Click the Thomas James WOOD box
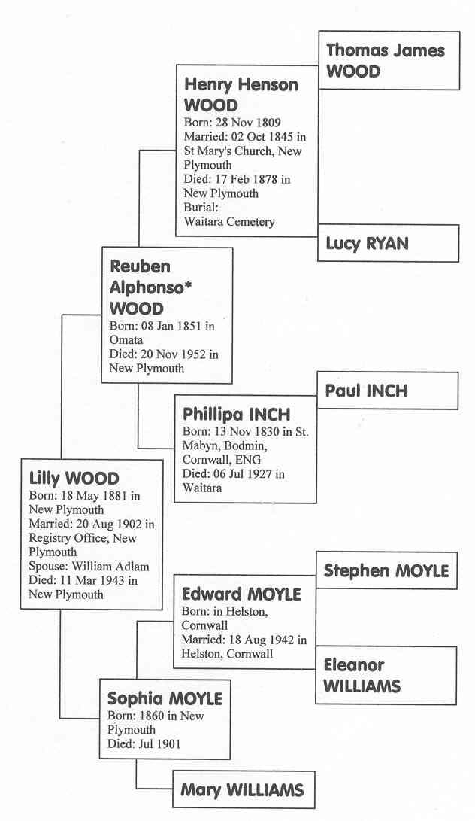tap(389, 60)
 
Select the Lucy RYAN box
tap(388, 243)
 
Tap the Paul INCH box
tap(387, 391)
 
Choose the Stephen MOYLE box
tap(386, 570)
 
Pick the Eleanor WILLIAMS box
tap(386, 676)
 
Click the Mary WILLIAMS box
tap(244, 789)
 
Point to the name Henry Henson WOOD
tap(241, 95)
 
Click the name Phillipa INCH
tap(237, 415)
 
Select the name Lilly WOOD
tap(74, 479)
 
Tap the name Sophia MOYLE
tap(165, 698)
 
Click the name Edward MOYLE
tap(242, 594)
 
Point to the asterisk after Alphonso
tap(181, 284)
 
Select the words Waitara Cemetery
tap(229, 221)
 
